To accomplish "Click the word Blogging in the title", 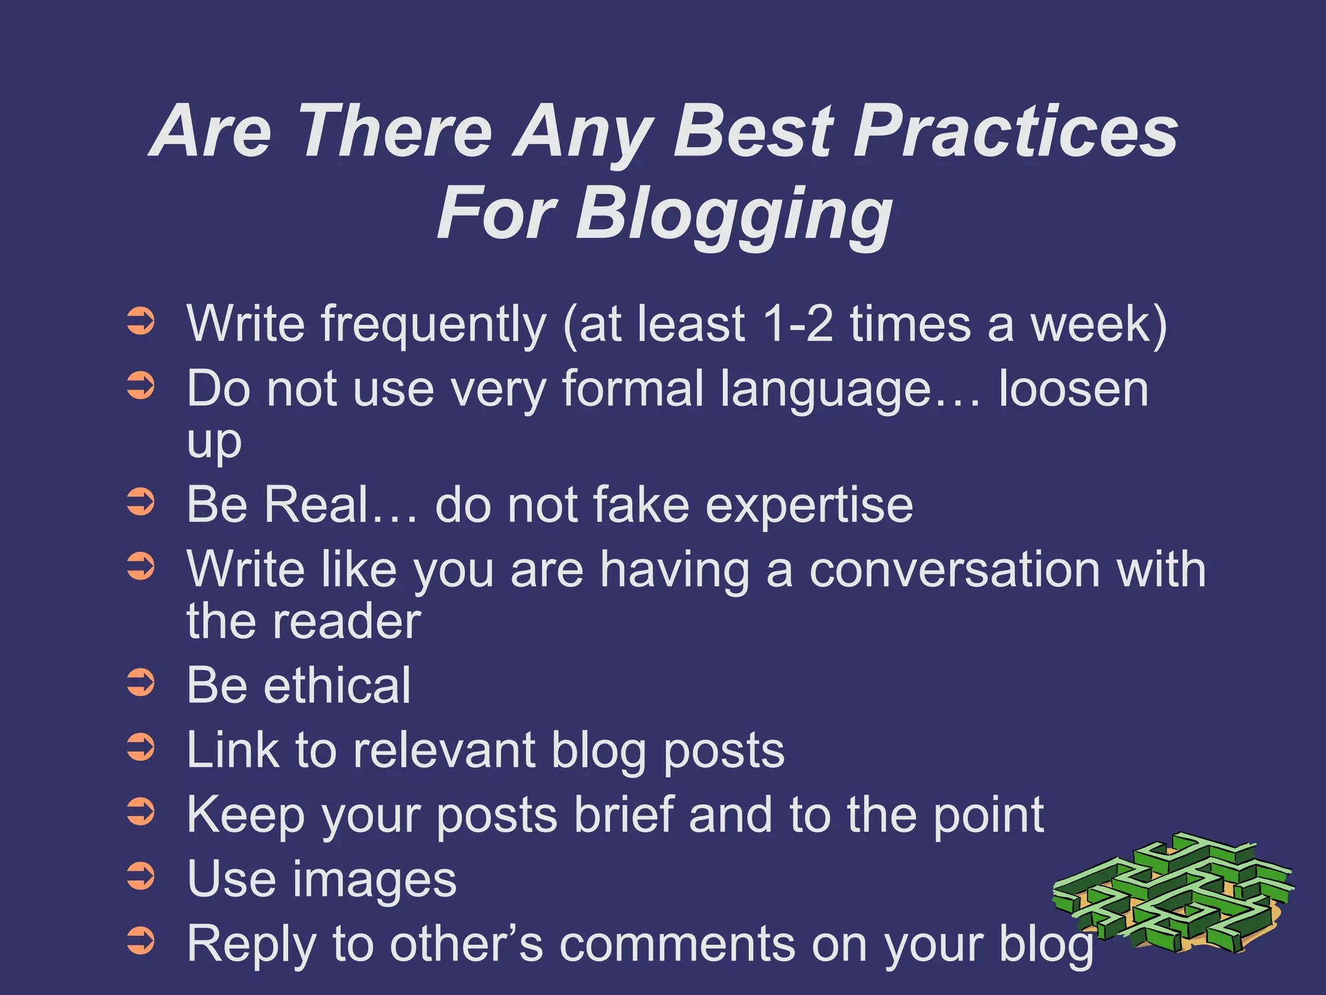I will coord(734,214).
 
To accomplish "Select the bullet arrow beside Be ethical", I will coord(140,683).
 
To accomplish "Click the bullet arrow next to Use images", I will coord(140,876).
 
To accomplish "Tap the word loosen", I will coord(1073,389).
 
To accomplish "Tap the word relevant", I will coord(444,750).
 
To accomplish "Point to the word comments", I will coord(677,944).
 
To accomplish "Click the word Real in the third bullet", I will coord(317,505).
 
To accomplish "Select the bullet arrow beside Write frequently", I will coord(140,321).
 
